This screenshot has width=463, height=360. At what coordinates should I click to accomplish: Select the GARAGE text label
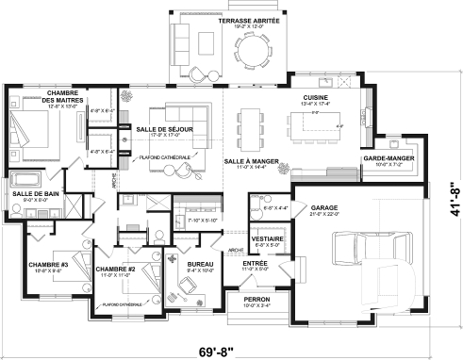point(324,206)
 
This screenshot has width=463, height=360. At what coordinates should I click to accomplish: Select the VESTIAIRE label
point(263,239)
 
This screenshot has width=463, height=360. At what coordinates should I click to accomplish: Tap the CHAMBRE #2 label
point(117,269)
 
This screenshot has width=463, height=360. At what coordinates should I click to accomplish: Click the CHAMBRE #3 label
point(46,264)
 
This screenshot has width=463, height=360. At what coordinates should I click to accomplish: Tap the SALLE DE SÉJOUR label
point(159,129)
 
